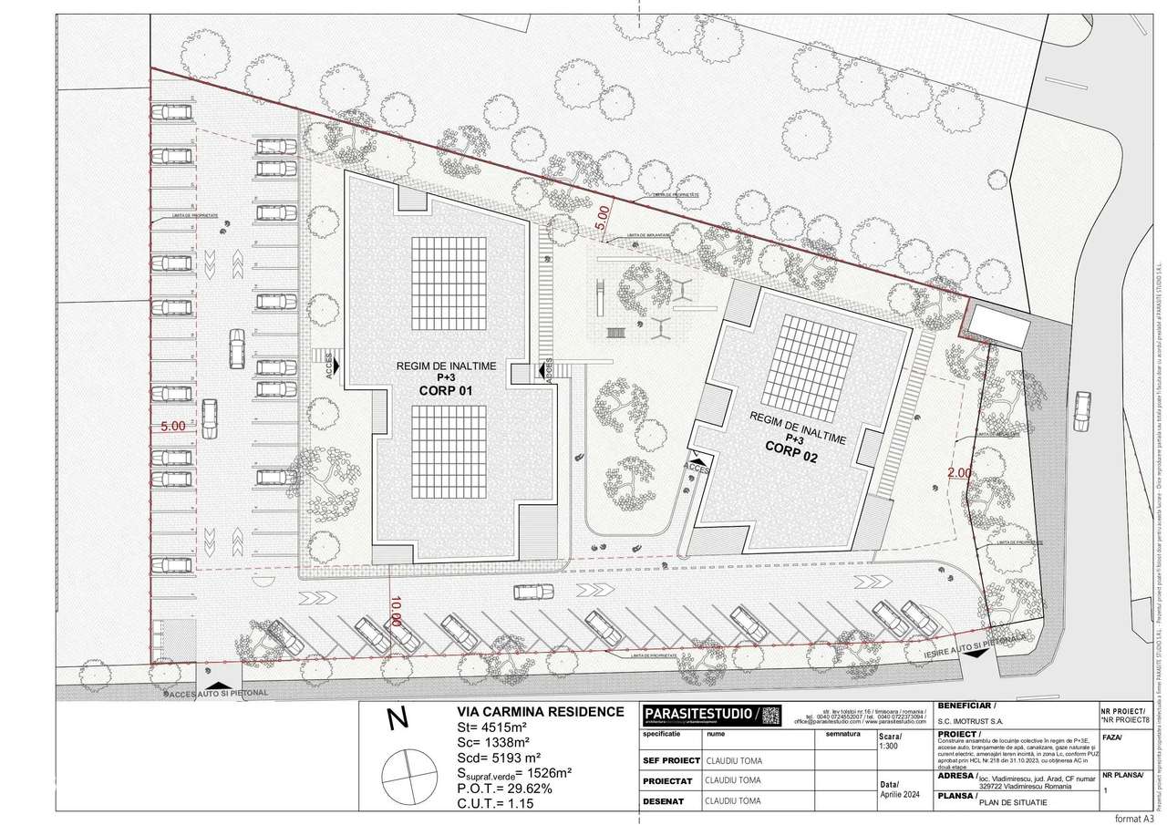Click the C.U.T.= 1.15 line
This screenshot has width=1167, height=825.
pyautogui.click(x=494, y=804)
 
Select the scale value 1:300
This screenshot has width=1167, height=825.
pyautogui.click(x=889, y=746)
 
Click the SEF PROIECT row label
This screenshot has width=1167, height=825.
pyautogui.click(x=670, y=760)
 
